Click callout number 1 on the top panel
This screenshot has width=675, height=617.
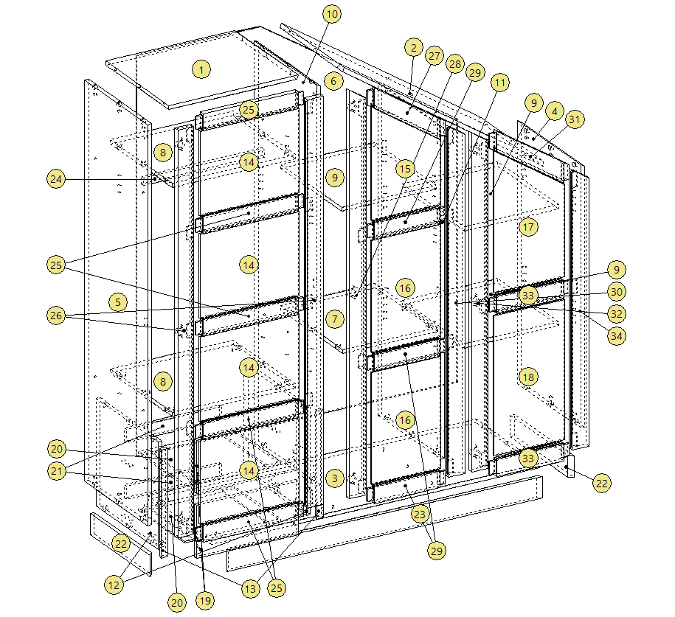[201, 69]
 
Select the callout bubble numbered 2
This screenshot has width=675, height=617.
[414, 48]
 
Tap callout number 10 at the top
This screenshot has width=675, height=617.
[332, 14]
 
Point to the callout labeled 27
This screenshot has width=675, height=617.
[435, 56]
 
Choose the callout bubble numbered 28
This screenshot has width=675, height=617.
[455, 64]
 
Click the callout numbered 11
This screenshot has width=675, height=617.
[499, 83]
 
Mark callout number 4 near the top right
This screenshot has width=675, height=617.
[555, 111]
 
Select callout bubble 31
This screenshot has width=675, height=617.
[575, 119]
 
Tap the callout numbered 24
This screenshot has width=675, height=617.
[56, 179]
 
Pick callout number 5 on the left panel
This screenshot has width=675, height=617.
[118, 302]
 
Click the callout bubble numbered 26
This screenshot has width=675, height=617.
[56, 316]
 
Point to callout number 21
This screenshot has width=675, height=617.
[56, 471]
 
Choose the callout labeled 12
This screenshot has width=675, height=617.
[114, 585]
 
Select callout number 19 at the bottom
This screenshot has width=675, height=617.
[205, 601]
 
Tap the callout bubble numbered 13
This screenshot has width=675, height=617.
[251, 588]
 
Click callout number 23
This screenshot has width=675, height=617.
[420, 515]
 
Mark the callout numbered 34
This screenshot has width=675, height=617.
[617, 336]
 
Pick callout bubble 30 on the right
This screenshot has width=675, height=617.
[617, 292]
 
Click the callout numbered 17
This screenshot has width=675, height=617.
[528, 227]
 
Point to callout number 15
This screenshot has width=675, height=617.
[405, 169]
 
